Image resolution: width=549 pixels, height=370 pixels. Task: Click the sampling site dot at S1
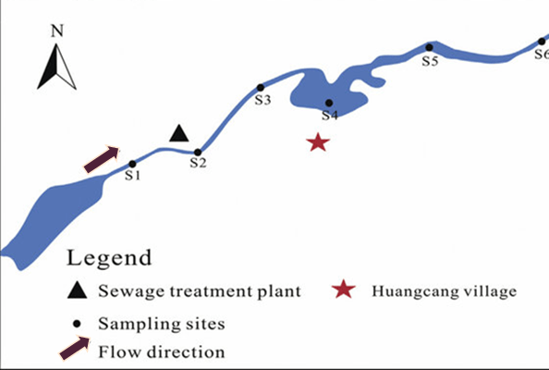click(x=132, y=164)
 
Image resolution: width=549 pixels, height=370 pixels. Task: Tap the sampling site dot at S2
click(x=198, y=153)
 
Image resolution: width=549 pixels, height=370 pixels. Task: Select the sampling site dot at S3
click(x=260, y=88)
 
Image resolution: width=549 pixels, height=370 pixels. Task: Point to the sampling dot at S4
click(x=329, y=103)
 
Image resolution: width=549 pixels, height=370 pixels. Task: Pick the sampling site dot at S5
click(x=430, y=47)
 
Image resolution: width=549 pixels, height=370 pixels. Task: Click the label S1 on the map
click(x=133, y=175)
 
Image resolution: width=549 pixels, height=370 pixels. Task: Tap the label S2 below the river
click(x=199, y=163)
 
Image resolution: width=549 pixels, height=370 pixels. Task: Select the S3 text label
click(x=262, y=100)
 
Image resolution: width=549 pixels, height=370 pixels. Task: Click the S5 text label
click(x=430, y=61)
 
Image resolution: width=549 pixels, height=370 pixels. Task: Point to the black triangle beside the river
click(x=179, y=135)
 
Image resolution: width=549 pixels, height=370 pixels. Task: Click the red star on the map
click(x=318, y=142)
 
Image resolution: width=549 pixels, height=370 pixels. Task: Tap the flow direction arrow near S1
click(x=102, y=159)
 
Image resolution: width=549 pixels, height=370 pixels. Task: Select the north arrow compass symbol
click(x=56, y=67)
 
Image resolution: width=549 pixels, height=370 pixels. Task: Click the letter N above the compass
click(x=57, y=31)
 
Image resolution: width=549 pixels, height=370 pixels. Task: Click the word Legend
click(x=109, y=259)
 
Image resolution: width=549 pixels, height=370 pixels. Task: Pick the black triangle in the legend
click(x=77, y=290)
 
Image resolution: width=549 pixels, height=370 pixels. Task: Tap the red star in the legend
click(x=344, y=290)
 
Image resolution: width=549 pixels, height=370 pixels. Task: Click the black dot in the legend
click(x=77, y=324)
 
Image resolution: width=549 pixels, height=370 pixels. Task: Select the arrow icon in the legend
click(x=75, y=349)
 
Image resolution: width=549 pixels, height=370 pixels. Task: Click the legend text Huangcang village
click(x=444, y=292)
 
